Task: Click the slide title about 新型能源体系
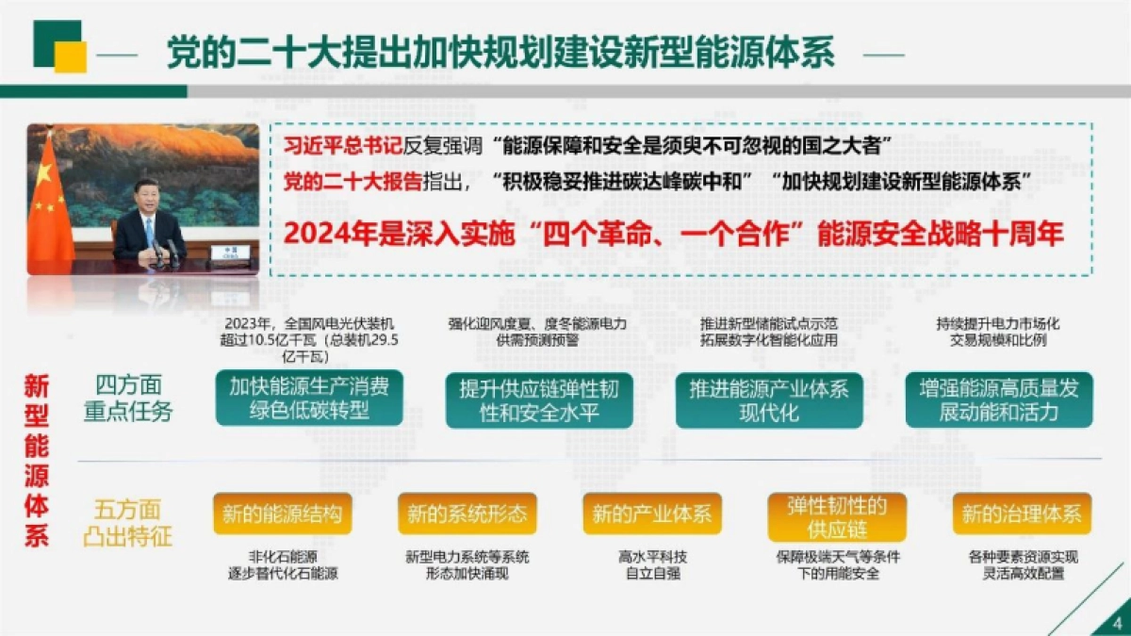500,52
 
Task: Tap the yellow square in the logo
72,57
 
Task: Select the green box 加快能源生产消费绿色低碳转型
309,399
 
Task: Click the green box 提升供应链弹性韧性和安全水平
539,400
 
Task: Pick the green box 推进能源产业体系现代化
769,400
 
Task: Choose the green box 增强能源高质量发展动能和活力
999,400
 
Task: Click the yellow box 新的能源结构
283,514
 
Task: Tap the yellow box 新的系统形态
467,514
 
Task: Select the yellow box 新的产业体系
652,514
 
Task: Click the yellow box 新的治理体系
1022,514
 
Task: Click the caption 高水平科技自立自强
652,564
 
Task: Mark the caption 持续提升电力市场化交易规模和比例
999,332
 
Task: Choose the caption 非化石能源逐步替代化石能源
283,564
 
